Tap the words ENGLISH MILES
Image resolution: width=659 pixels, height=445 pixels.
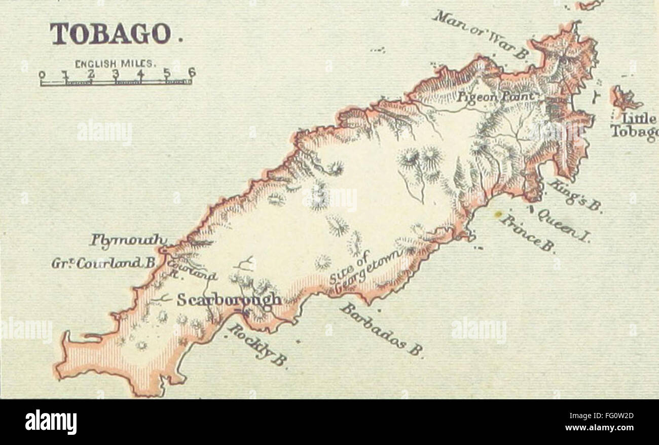tap(116, 64)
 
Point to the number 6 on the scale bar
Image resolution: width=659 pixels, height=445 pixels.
tap(191, 73)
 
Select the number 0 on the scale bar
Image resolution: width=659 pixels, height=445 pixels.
tap(42, 75)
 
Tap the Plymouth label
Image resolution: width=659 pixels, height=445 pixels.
tap(128, 239)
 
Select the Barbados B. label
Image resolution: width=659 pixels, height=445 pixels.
tap(381, 329)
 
